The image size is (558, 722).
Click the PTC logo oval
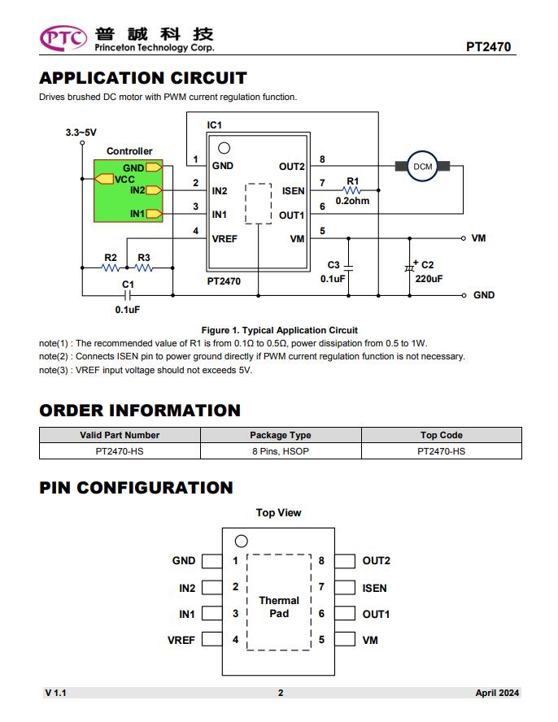63,38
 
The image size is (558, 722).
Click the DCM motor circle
422,166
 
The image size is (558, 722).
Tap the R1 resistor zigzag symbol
352,190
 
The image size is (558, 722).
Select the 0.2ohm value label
352,201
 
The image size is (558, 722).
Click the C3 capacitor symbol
348,267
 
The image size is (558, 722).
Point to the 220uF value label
429,279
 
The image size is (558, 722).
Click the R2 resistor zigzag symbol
111,267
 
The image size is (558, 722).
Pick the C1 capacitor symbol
128,295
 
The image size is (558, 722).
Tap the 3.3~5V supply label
81,133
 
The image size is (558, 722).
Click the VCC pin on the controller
104,179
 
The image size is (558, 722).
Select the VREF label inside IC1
225,239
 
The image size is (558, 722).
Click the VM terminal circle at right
463,238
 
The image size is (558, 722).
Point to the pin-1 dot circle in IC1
224,148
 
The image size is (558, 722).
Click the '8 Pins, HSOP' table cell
281,451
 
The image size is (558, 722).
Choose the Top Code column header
442,435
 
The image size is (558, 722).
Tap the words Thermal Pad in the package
279,607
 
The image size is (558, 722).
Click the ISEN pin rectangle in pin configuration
345,588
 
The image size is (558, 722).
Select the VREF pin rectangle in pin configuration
212,639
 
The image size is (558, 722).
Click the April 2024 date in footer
497,693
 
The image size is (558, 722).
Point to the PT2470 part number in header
488,47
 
